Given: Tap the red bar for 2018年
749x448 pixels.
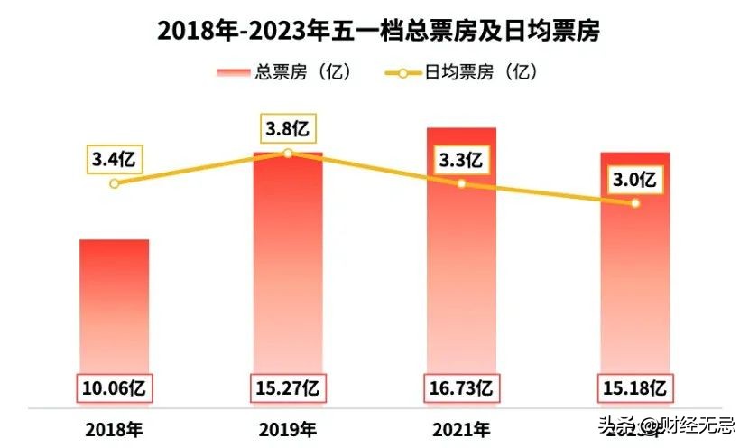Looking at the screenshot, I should click(x=115, y=307).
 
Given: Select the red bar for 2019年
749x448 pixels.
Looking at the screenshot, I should click(x=288, y=271).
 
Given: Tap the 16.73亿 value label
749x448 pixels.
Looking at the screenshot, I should click(x=461, y=389).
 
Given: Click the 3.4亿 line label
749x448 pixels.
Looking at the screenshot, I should click(x=114, y=161).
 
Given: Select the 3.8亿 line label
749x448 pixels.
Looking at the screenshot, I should click(x=287, y=128).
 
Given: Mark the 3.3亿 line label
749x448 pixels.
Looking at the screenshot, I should click(x=461, y=162).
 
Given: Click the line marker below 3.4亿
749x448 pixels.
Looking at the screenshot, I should click(x=114, y=183).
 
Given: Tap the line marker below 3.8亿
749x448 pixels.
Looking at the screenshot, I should click(x=287, y=154).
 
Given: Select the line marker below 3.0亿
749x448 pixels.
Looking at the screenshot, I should click(x=635, y=203).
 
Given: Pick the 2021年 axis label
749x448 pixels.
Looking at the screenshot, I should click(x=461, y=428).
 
